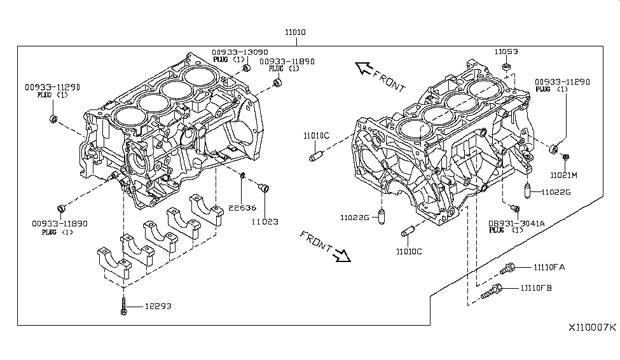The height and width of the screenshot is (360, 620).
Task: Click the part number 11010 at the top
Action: tap(295, 32)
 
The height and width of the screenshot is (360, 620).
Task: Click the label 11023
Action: tap(265, 222)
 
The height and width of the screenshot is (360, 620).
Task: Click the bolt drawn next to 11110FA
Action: tap(507, 269)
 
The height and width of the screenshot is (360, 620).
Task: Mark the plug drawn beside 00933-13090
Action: tap(247, 67)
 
